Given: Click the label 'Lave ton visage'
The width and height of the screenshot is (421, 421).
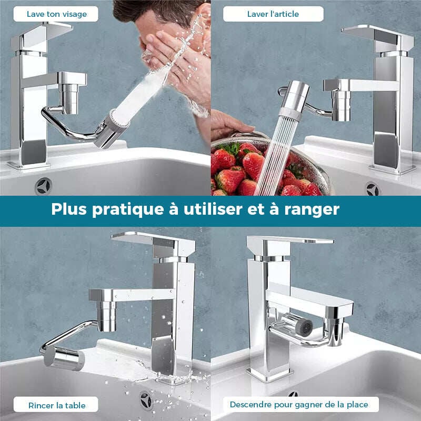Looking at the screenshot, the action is pos(57,14).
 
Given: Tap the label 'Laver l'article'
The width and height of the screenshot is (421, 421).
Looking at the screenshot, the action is pos(273,14).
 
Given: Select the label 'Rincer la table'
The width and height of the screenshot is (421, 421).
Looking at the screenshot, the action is pos(57,405).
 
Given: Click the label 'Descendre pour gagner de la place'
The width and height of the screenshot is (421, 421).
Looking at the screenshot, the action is pos(299,405).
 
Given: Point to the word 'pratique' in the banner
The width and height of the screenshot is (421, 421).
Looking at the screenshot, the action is pos(128,210).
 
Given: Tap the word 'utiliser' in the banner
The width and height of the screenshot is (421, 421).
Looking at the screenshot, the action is pos(213,209).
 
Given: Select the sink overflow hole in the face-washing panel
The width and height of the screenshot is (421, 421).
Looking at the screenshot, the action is pos(43,186).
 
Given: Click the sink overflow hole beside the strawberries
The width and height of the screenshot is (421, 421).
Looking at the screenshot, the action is pos(373,189).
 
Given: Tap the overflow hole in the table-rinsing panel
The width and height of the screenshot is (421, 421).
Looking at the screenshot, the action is pos(146,400).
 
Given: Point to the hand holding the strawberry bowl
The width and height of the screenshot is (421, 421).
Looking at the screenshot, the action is pos(229,124).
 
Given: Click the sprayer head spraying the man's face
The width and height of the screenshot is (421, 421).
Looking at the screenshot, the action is pos(112,129).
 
